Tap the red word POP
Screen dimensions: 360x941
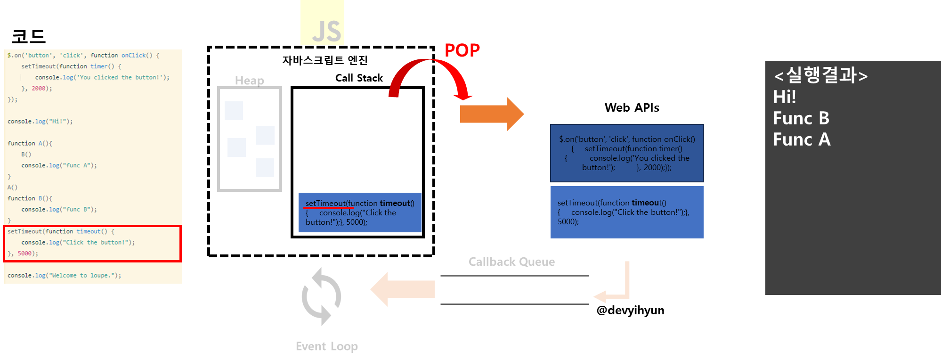coord(462,50)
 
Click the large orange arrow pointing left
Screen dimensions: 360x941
coord(403,289)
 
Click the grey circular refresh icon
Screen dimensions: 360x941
coord(321,296)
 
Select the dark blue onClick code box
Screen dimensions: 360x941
coord(627,153)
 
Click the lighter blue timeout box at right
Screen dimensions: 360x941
coord(627,212)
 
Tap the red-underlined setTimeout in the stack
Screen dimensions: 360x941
coord(325,204)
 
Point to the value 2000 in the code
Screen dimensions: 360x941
coord(39,89)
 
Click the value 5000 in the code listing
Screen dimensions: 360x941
coord(25,254)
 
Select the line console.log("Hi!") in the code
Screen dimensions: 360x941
coord(40,122)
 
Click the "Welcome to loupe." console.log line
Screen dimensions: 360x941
coord(64,276)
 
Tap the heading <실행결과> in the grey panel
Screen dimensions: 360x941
coord(820,75)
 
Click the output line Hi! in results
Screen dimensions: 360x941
coord(785,97)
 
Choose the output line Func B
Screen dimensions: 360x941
coord(801,118)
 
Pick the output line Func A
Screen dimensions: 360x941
coord(802,139)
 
